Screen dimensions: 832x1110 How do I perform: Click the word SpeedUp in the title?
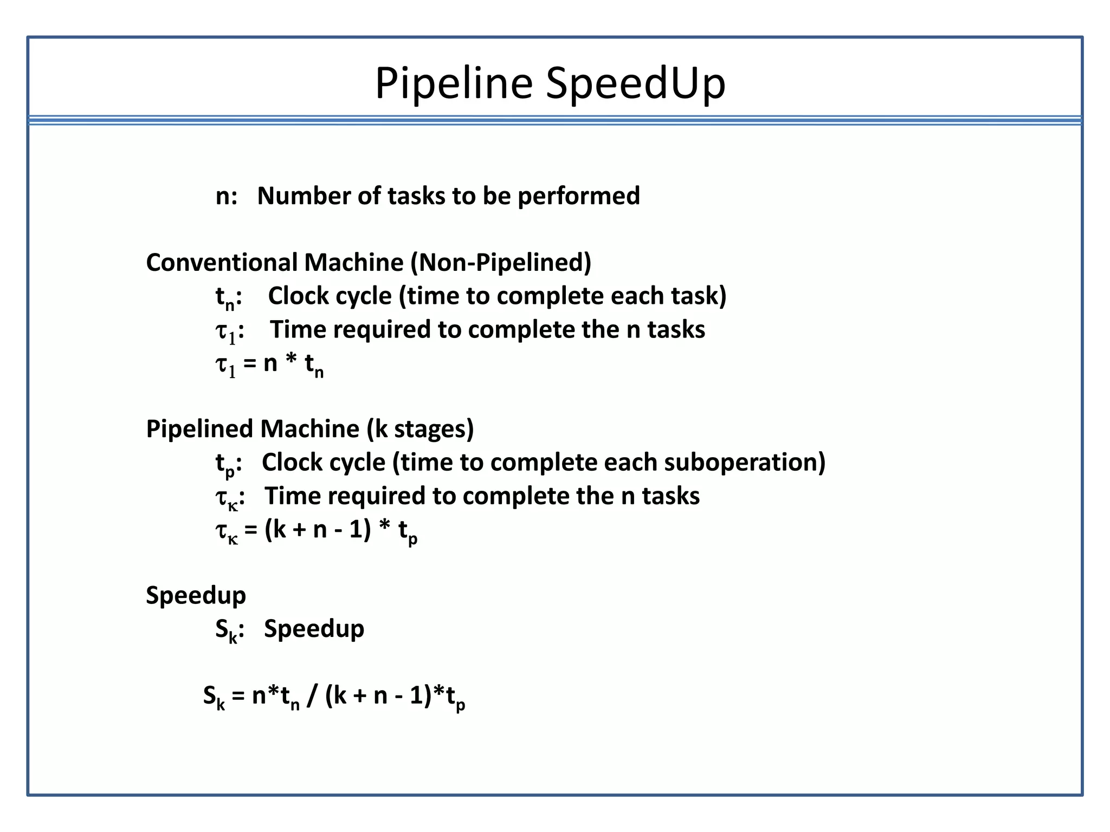pos(635,84)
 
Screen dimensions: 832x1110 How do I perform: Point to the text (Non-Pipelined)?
pos(500,263)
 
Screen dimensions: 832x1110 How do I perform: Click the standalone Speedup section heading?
pos(196,596)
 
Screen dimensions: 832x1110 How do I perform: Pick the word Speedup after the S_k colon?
pos(314,629)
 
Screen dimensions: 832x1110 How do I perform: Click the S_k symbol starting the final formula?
pos(214,697)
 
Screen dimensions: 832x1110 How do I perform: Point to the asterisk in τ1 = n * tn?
pos(291,362)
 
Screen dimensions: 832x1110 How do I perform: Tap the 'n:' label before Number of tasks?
pos(226,197)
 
